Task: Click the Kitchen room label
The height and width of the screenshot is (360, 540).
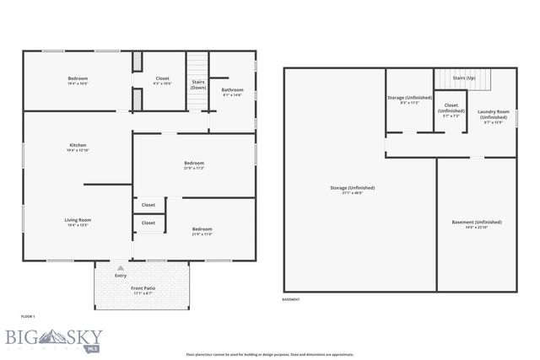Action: tap(78, 145)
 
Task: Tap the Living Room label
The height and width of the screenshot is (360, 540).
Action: tap(78, 220)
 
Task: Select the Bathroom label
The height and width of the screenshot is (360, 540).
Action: tap(233, 89)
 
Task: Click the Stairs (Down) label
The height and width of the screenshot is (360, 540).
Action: tap(198, 84)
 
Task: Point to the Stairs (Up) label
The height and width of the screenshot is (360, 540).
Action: tap(465, 78)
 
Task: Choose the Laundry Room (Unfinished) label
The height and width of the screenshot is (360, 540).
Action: tap(492, 114)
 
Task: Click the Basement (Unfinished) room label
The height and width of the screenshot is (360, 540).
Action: tap(476, 222)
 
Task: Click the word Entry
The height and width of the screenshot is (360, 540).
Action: tap(121, 275)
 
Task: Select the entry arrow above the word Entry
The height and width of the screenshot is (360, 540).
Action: tap(120, 267)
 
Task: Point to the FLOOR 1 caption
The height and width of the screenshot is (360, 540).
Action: tap(29, 315)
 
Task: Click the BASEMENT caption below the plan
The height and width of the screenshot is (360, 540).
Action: tap(291, 299)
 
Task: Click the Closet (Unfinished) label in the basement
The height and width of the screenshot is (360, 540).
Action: tap(452, 109)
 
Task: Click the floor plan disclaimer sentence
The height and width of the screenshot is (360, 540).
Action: tap(270, 354)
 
